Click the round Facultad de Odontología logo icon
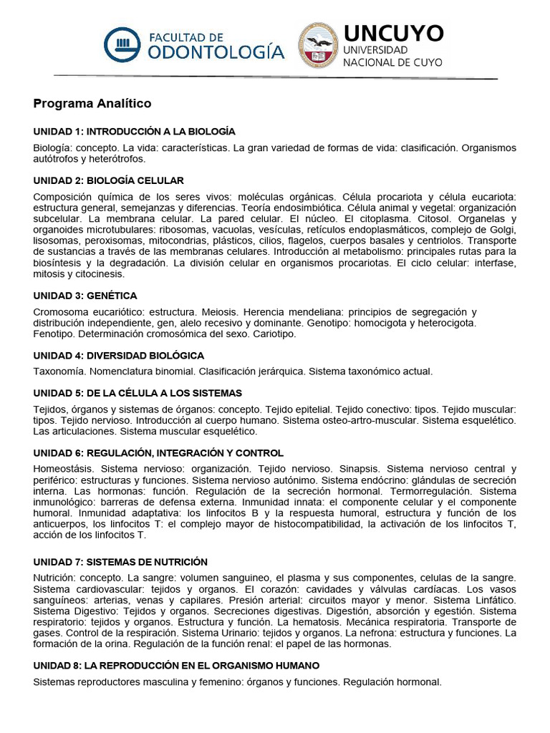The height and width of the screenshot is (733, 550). (x=125, y=44)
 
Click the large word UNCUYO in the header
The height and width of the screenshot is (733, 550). (x=393, y=33)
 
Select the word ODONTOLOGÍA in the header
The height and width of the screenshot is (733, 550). (x=216, y=52)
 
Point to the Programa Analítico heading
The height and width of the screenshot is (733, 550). (x=92, y=104)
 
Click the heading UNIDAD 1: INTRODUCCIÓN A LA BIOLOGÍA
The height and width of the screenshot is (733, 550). (x=135, y=132)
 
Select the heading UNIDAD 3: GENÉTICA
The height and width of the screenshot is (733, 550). (x=85, y=296)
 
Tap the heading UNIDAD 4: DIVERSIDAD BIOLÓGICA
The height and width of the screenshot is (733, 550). (x=119, y=355)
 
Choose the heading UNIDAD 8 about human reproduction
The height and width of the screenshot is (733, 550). (x=176, y=665)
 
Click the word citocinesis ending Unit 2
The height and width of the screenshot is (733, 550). (x=100, y=273)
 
